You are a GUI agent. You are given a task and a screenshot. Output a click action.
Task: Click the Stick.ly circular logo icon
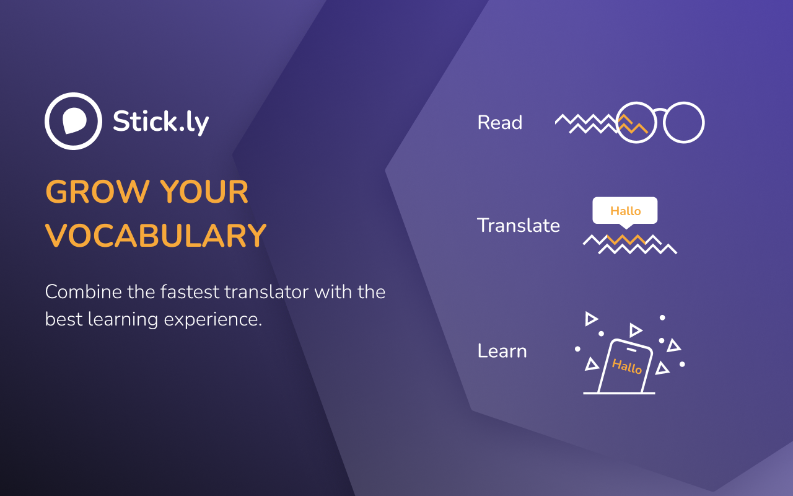click(73, 122)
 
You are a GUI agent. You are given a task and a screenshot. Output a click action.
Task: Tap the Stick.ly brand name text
click(160, 122)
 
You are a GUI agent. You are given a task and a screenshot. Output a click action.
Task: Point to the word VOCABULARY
click(156, 236)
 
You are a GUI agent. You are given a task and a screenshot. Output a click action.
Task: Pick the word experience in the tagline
click(217, 319)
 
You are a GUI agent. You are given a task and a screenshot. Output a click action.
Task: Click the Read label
click(500, 123)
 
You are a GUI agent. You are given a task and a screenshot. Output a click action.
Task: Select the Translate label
click(519, 225)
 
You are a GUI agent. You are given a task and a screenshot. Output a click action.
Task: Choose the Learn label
click(502, 351)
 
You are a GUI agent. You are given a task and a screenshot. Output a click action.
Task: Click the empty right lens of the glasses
click(684, 123)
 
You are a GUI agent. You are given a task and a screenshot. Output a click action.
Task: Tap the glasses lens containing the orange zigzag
click(636, 123)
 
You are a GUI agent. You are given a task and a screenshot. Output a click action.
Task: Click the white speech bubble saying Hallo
click(625, 211)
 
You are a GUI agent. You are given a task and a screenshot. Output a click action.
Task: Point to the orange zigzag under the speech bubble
click(626, 239)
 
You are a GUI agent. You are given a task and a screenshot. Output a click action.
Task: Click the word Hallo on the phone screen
click(627, 366)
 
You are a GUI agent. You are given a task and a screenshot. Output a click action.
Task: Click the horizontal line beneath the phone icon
click(619, 393)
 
